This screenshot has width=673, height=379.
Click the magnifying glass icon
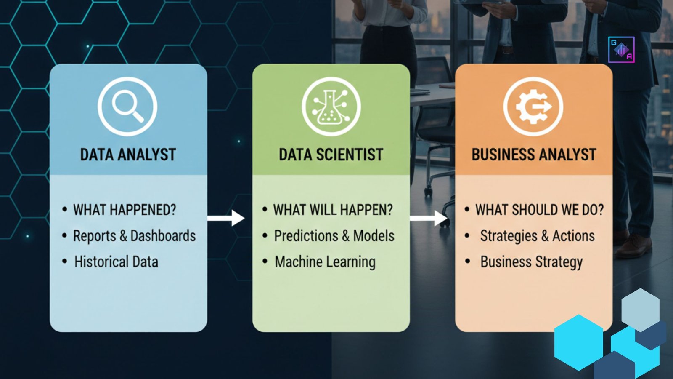coord(127,107)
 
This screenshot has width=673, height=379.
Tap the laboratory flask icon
coord(331,107)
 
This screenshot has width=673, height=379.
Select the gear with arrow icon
coord(533,107)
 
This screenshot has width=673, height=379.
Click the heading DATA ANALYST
coord(128,155)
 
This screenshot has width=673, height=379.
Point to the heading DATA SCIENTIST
coord(331,155)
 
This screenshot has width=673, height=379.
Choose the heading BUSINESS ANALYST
coord(534,155)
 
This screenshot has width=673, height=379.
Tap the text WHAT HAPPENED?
coord(125,210)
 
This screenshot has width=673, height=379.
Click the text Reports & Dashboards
coord(134,236)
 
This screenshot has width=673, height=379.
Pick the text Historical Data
coord(116,262)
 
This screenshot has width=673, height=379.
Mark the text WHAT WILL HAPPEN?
coord(333,210)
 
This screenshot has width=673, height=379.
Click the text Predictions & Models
coord(334,236)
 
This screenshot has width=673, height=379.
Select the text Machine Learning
coord(325,262)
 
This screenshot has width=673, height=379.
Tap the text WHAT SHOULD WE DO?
coord(539,210)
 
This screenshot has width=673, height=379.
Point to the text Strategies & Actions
coord(537,236)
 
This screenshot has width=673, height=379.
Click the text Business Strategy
coord(531,262)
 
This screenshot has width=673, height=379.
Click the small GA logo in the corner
coord(621,50)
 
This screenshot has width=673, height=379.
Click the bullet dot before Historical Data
coord(65,262)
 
